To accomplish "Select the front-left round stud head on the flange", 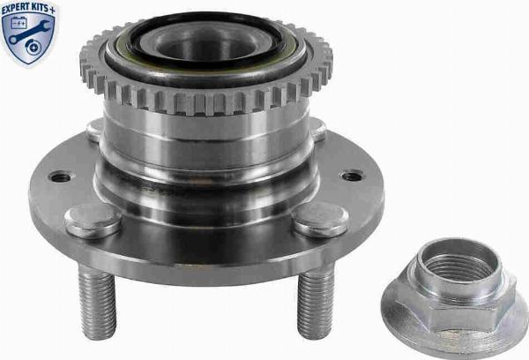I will point(93,219).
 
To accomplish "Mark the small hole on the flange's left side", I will point(60,177).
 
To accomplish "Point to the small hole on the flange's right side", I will point(352,176).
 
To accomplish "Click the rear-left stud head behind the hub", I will point(95,130).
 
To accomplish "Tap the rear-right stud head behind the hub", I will point(316,128).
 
